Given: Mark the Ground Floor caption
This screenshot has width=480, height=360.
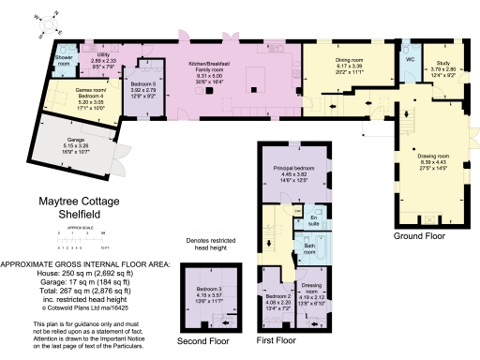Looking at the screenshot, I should (422, 236).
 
